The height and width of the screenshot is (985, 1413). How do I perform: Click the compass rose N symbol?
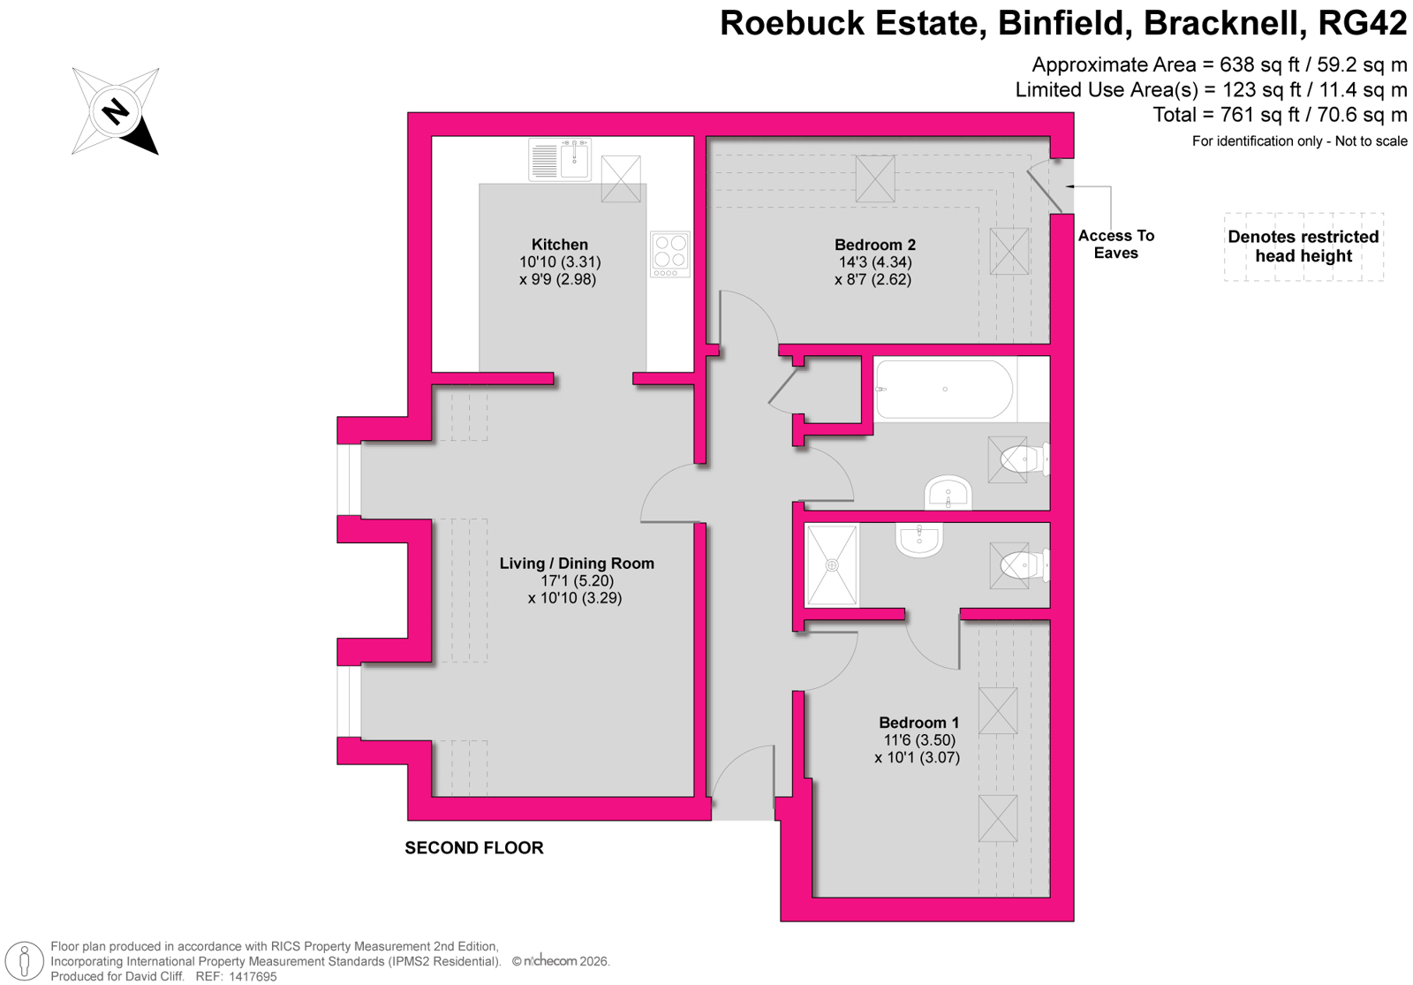click(x=116, y=111)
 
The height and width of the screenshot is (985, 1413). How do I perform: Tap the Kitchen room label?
click(x=559, y=245)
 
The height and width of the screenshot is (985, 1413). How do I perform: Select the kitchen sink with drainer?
click(x=560, y=160)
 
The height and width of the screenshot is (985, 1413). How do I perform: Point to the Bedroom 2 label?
click(x=874, y=245)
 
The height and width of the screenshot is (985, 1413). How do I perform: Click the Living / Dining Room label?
click(x=577, y=564)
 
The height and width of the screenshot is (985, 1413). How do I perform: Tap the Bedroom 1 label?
click(x=918, y=723)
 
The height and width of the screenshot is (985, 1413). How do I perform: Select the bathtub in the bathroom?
click(x=944, y=389)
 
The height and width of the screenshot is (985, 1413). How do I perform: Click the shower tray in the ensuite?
click(x=832, y=565)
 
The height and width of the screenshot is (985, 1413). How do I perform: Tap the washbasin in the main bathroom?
click(x=948, y=494)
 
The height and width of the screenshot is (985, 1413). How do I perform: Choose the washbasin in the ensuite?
click(x=919, y=538)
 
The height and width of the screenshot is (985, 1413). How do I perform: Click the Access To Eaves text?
click(x=1115, y=244)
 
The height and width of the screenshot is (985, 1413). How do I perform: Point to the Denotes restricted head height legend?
click(x=1303, y=246)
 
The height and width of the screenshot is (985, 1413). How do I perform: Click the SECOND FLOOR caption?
click(x=474, y=848)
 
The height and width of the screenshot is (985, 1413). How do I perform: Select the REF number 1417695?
click(x=253, y=976)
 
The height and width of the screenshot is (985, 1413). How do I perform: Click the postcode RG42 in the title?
click(x=1362, y=24)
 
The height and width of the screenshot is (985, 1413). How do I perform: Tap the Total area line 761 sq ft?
click(x=1280, y=115)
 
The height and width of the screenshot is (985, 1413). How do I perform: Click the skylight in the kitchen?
click(x=621, y=179)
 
